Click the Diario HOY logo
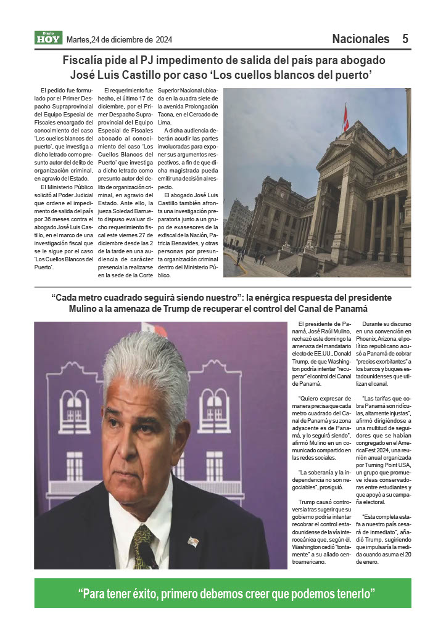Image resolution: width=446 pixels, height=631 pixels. click(x=48, y=38)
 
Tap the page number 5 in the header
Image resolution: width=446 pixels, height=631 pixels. click(x=405, y=39)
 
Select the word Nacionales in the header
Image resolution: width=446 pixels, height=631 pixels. click(x=361, y=39)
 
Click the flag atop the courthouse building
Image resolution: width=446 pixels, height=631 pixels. click(x=345, y=118)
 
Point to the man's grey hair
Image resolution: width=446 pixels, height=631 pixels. click(x=145, y=364)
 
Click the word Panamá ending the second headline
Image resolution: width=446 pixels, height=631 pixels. click(x=349, y=309)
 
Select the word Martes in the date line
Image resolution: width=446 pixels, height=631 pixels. click(x=78, y=39)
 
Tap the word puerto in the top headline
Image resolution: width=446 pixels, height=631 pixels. click(x=350, y=75)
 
